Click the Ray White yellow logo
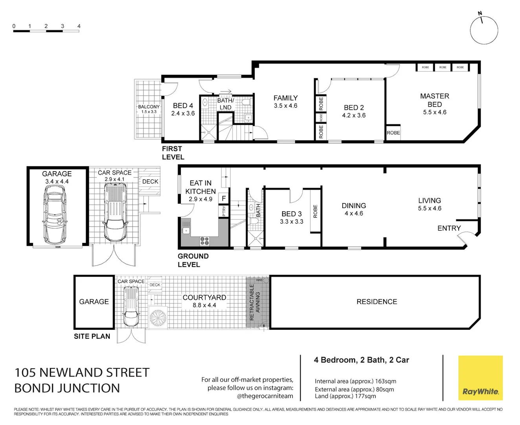pos(480,378)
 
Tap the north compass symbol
pos(484,30)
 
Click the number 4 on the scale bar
pos(79,26)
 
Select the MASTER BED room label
pos(434,100)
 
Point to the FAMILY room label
pos(285,98)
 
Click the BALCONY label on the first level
pos(149,107)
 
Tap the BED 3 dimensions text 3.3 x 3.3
pos(291,222)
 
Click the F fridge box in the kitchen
pos(224,198)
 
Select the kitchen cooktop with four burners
pos(204,241)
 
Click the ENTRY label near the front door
pos(449,228)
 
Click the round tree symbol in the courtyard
pos(158,318)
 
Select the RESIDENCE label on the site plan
pos(377,302)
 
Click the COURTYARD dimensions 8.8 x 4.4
pos(204,305)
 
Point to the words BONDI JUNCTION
pos(67,388)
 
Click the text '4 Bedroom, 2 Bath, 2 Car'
pos(361,360)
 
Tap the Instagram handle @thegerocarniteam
pos(265,396)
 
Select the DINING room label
pos(353,205)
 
